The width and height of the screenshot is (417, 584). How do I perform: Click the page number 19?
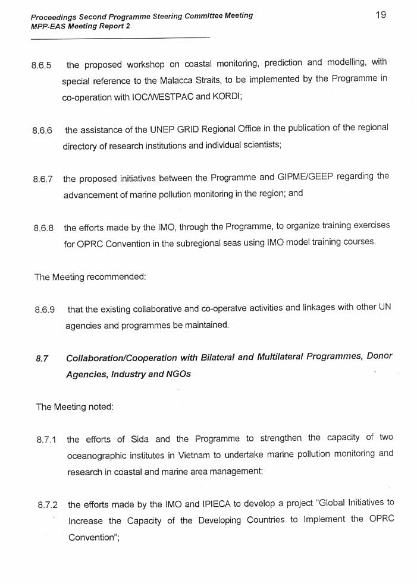pyautogui.click(x=381, y=15)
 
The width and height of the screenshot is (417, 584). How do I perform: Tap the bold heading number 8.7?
pyautogui.click(x=42, y=358)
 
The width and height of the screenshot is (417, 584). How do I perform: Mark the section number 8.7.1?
pyautogui.click(x=46, y=440)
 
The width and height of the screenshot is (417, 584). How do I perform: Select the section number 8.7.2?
pyautogui.click(x=48, y=505)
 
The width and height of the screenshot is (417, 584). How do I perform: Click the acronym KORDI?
pyautogui.click(x=226, y=96)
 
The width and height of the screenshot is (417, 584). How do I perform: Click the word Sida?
pyautogui.click(x=139, y=439)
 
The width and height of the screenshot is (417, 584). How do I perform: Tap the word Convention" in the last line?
pyautogui.click(x=91, y=537)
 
